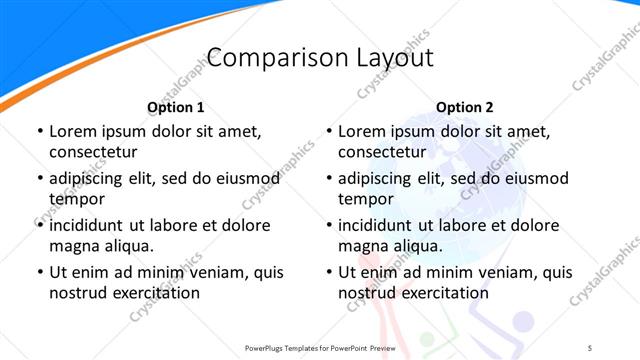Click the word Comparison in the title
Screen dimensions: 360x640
tap(266, 57)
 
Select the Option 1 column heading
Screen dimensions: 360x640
tap(175, 107)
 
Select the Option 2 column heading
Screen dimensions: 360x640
tap(464, 107)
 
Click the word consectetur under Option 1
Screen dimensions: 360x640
tap(93, 152)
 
